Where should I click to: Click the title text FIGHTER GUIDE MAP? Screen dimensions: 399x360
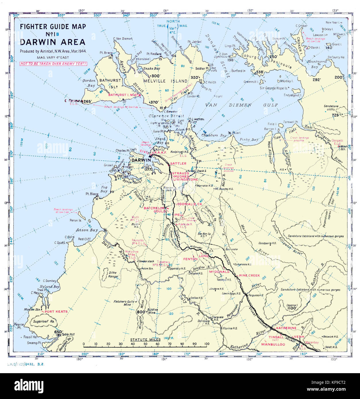tap(53, 27)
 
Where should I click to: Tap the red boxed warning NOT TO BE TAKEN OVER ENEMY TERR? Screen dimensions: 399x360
tap(53, 64)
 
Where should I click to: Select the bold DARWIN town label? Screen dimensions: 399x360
tap(141, 160)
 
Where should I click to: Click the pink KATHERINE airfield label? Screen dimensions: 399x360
tap(286, 328)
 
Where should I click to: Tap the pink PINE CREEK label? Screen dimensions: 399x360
tap(249, 275)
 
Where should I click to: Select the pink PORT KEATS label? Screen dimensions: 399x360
tap(56, 311)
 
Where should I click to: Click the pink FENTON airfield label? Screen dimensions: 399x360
tap(190, 259)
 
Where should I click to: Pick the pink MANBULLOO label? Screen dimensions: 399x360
tap(273, 344)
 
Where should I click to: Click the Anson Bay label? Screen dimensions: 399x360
tap(87, 230)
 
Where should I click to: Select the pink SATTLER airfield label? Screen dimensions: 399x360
tap(178, 163)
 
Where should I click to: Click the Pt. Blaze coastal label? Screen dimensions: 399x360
tap(92, 194)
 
